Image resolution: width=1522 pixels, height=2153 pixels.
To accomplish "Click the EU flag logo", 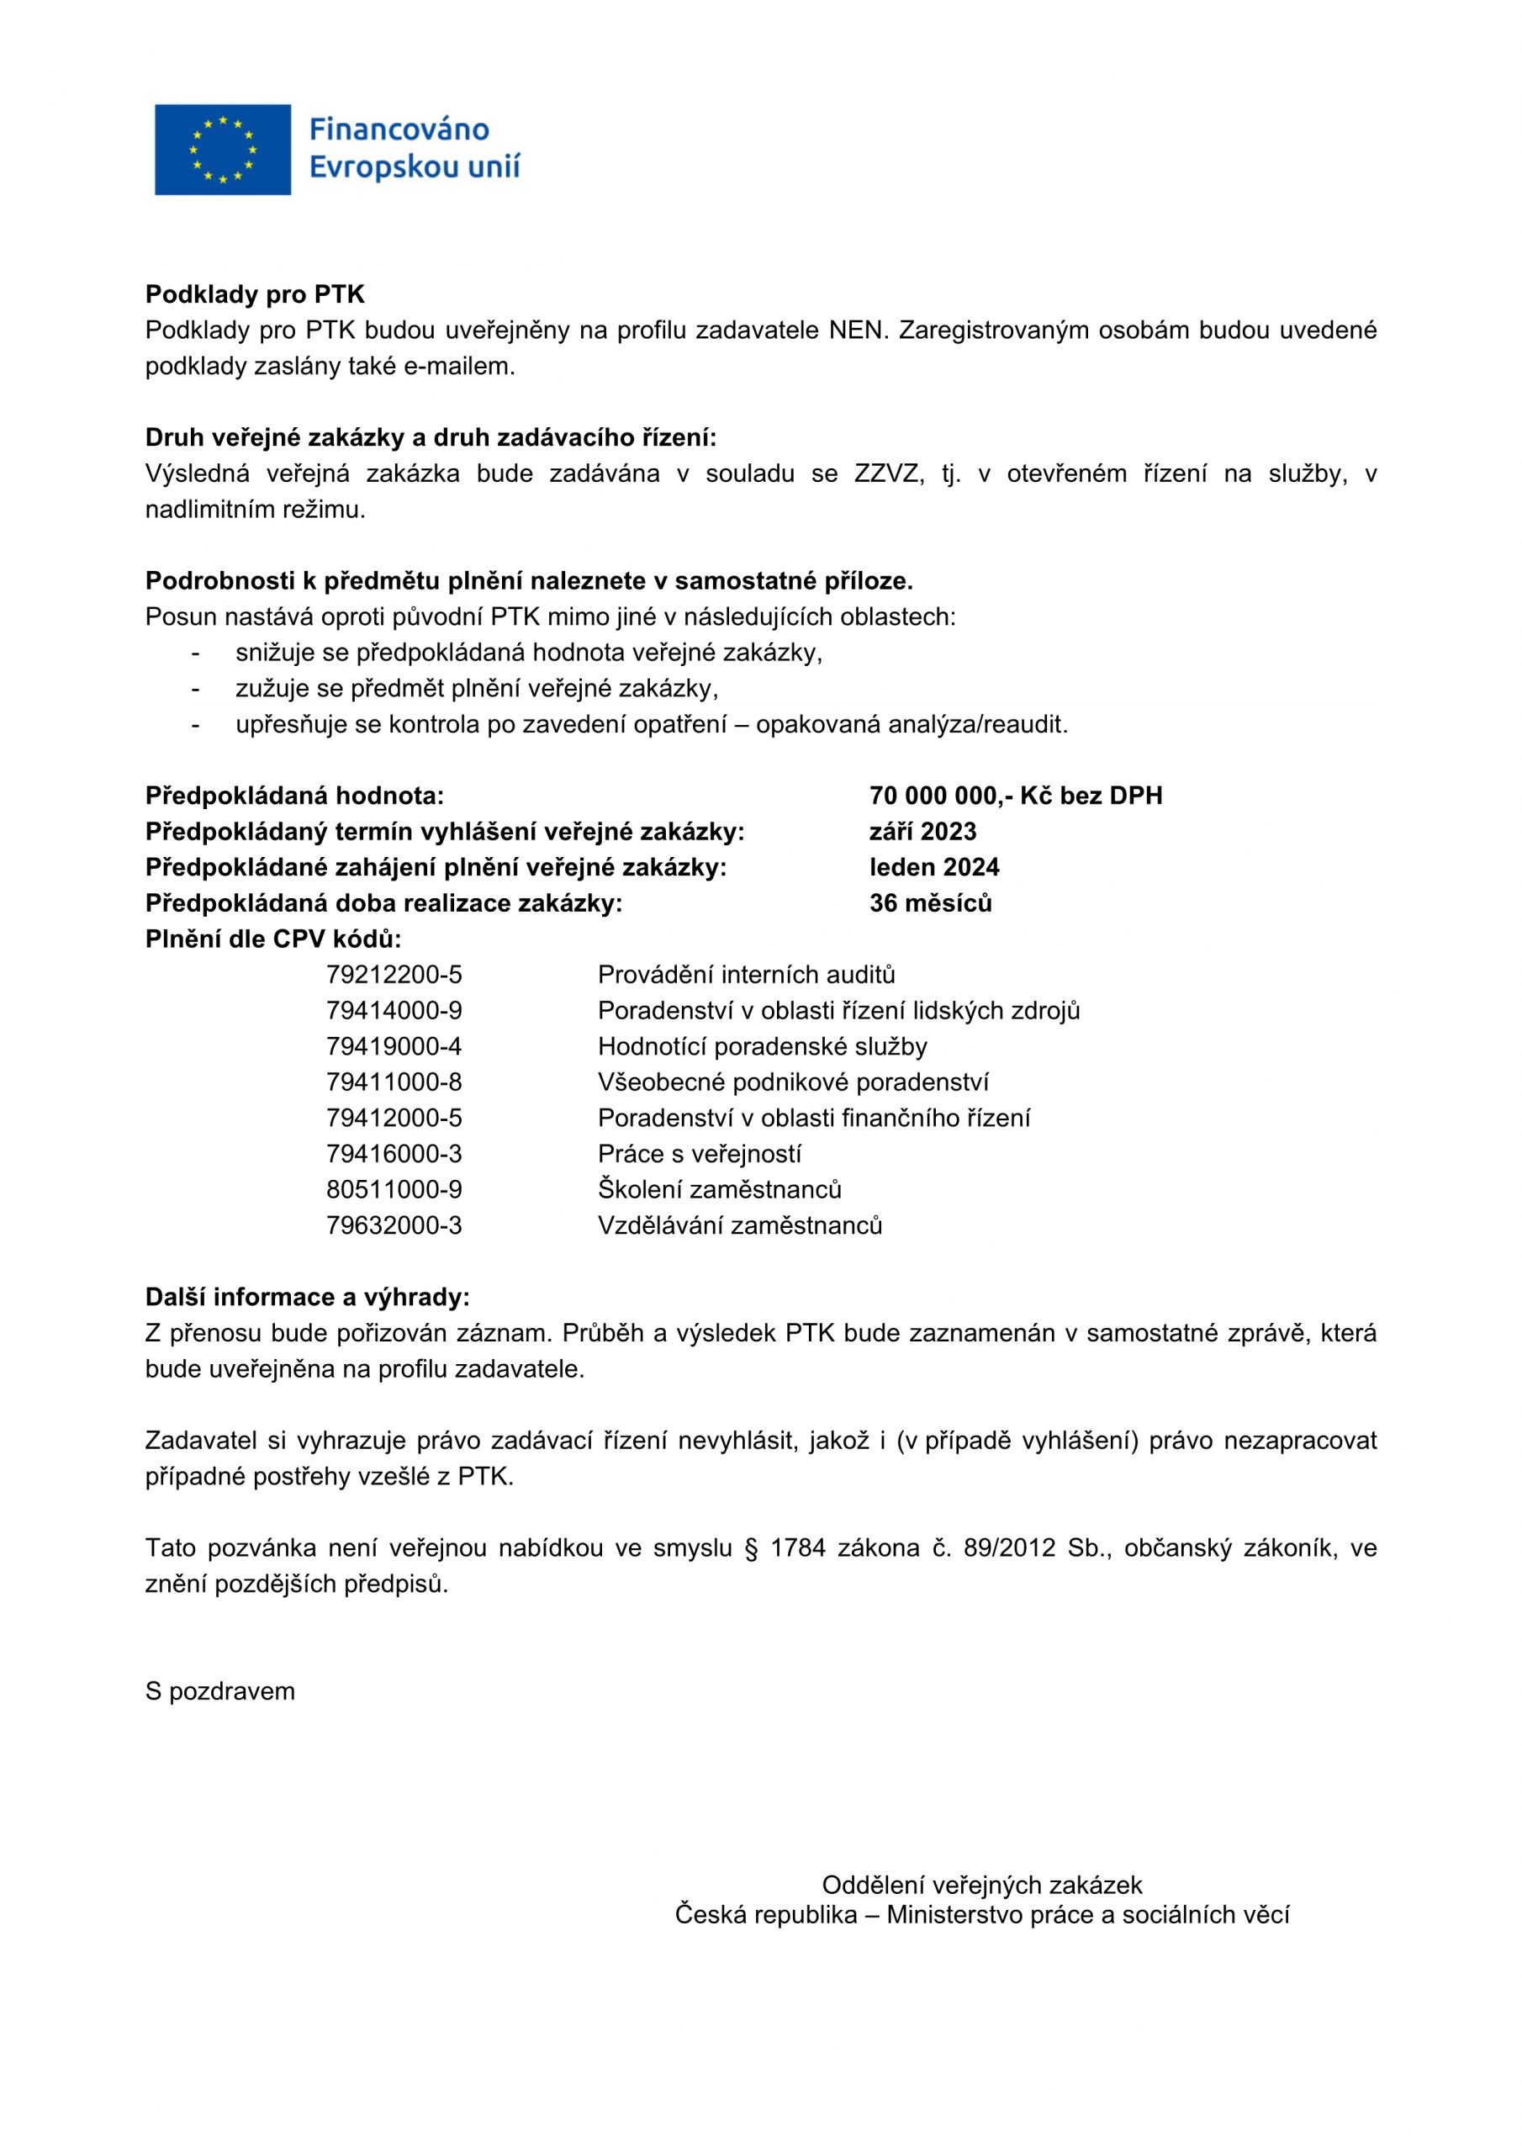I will coord(222,149).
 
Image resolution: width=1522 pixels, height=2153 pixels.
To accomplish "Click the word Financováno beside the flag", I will coord(399,129).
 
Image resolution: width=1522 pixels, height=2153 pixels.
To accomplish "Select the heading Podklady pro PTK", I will coord(254,294).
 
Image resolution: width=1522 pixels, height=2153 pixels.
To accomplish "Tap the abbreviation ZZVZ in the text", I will coord(889,473).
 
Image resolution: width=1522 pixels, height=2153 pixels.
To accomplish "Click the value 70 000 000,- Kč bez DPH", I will coord(1015,796).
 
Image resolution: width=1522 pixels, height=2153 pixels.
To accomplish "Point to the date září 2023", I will coord(922,831).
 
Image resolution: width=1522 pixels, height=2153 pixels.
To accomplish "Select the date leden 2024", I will coord(933,866).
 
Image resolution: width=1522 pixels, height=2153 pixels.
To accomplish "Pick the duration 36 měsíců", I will coord(929,902).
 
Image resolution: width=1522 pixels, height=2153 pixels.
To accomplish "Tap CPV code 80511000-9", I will coord(394,1189).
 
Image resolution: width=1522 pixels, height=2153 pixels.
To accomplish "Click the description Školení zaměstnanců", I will coord(719,1189).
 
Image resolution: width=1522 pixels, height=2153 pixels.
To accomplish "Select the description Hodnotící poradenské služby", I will coord(762,1045).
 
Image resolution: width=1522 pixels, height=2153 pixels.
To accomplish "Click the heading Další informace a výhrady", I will coord(307,1297).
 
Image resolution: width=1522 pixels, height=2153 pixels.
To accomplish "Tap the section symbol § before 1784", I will coord(750,1548).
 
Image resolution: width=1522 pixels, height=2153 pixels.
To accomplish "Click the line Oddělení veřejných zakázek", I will coord(982,1885).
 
